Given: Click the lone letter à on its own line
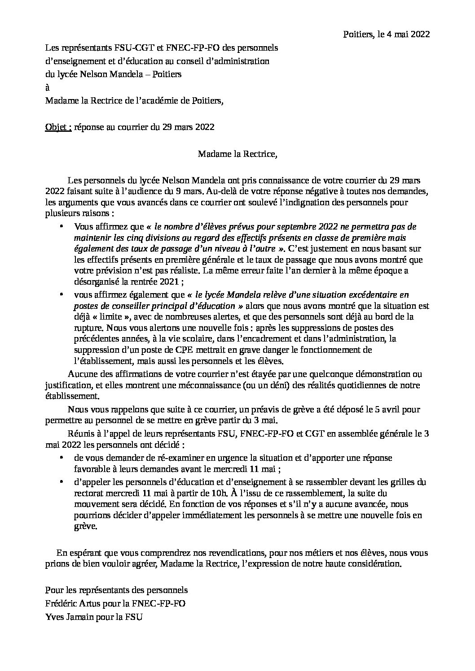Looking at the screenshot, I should tap(48, 87).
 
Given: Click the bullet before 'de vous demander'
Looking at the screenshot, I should tap(62, 458).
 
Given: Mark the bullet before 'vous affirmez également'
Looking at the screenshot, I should tap(62, 294).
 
